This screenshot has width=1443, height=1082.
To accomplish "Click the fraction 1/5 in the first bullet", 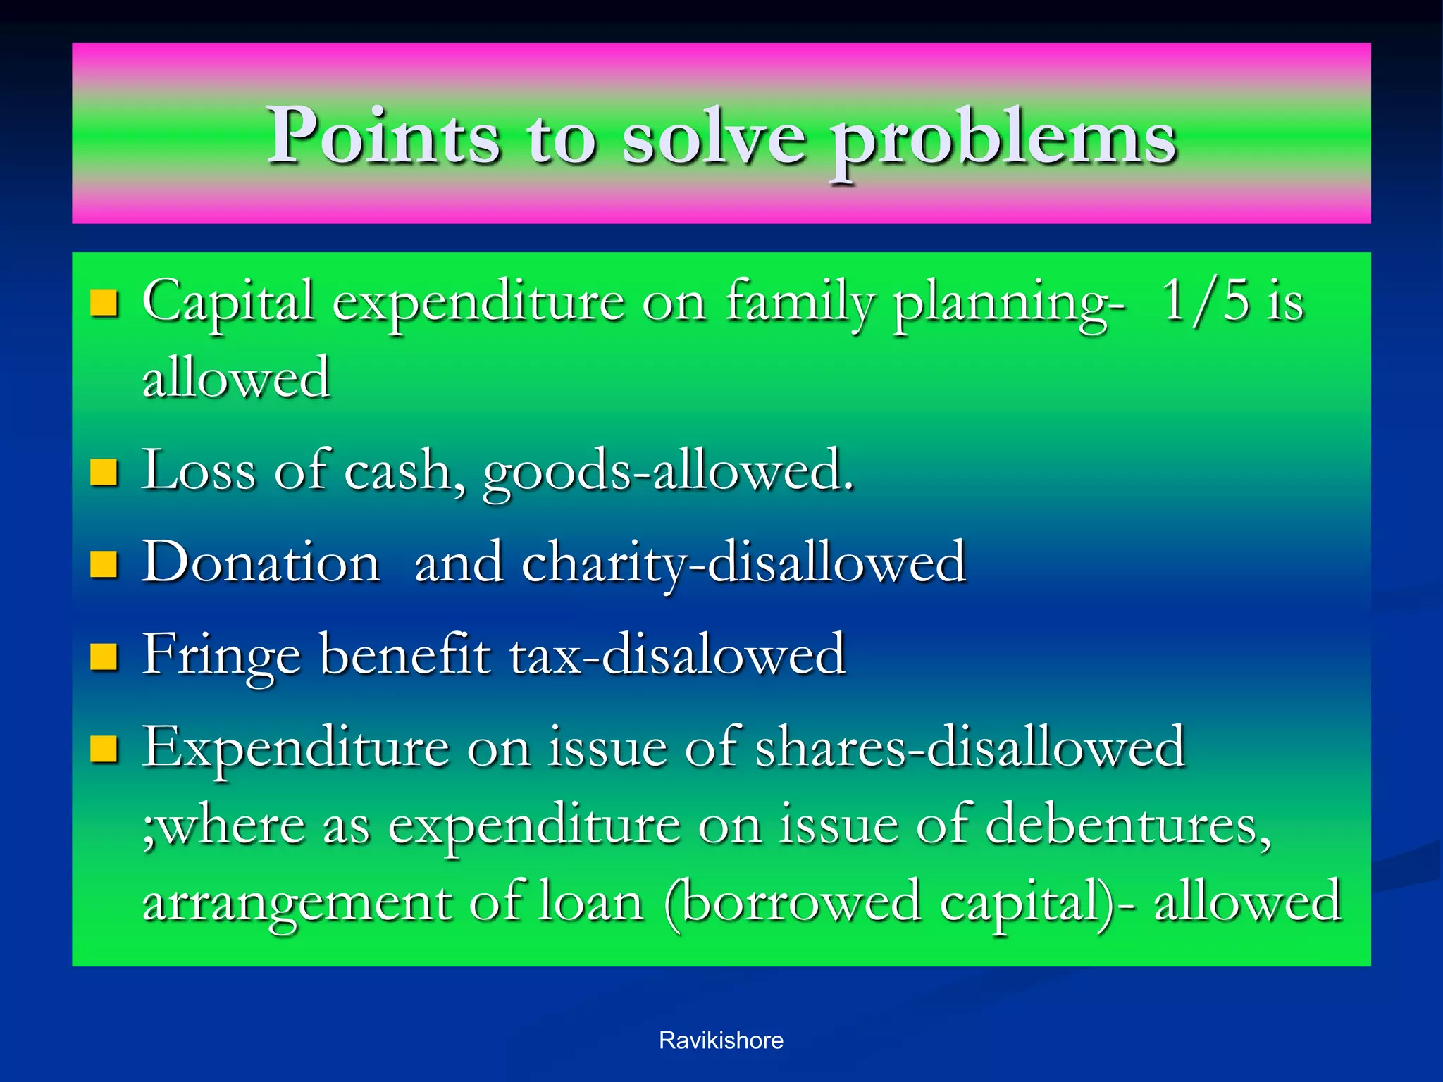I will pos(1206,301).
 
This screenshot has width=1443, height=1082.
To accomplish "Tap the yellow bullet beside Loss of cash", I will pos(104,472).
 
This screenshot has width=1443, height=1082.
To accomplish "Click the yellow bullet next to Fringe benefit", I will pos(104,657).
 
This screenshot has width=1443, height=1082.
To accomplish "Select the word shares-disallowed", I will pos(970,747).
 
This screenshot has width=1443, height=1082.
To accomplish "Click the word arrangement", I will pos(296,904).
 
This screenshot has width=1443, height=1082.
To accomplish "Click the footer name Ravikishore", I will pos(721,1040).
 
